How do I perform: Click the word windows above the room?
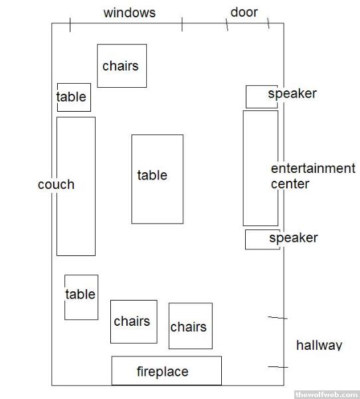point(130,13)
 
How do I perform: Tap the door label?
point(244,12)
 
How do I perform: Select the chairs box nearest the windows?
point(122,66)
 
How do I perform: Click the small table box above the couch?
point(74,98)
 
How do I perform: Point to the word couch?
point(56,184)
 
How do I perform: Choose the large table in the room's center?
point(157,179)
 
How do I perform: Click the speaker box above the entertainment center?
point(262,96)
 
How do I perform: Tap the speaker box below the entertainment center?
point(262,239)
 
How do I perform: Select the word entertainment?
point(314,168)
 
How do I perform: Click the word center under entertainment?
point(290,184)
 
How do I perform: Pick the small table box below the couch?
point(81,297)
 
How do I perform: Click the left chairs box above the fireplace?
point(134,322)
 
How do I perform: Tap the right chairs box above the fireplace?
point(191,326)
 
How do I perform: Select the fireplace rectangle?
point(167,370)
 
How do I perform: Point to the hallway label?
point(319,345)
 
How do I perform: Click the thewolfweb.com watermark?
point(327,394)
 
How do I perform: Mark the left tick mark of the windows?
point(70,25)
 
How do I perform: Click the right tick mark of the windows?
point(182,25)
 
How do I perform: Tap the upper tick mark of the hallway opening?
point(278,318)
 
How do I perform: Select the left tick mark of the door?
point(226,25)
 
